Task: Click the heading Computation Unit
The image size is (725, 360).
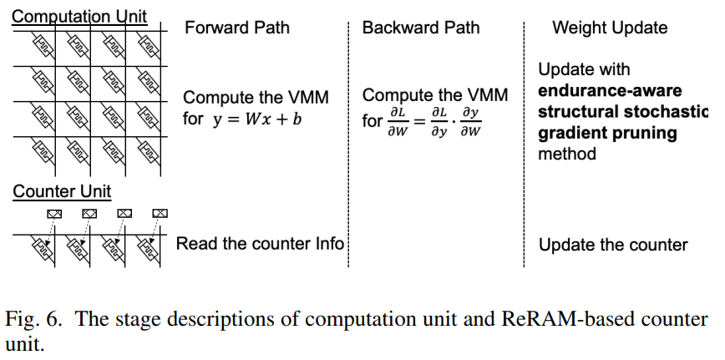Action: click(79, 16)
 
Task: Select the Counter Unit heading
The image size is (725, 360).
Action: click(62, 191)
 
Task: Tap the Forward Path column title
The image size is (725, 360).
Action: click(237, 28)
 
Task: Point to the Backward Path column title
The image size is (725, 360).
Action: click(421, 28)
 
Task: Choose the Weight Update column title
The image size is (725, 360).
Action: click(610, 28)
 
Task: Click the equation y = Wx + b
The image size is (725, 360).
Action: click(256, 119)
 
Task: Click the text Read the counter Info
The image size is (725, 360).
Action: click(260, 243)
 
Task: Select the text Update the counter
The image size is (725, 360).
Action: click(613, 245)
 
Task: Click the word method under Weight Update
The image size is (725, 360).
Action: click(567, 155)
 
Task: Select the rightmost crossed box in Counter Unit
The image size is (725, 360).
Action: click(159, 213)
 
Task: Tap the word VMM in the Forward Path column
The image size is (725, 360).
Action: click(311, 98)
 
